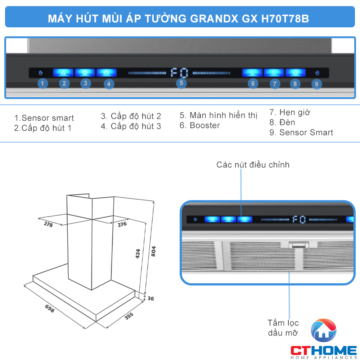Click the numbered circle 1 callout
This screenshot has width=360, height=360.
pyautogui.click(x=42, y=84)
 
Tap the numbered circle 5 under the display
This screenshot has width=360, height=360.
pyautogui.click(x=181, y=84)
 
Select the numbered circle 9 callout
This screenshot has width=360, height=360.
pyautogui.click(x=316, y=84)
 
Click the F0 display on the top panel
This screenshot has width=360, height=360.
pyautogui.click(x=179, y=73)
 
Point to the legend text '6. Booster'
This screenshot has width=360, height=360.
pyautogui.click(x=200, y=126)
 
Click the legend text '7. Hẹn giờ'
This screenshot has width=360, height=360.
pyautogui.click(x=290, y=112)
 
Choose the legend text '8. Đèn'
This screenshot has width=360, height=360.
pyautogui.click(x=282, y=122)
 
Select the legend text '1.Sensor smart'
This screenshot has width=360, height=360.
pyautogui.click(x=44, y=118)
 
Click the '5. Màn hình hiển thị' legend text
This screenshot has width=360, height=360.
pyautogui.click(x=219, y=116)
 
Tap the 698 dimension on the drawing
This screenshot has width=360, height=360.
pyautogui.click(x=50, y=308)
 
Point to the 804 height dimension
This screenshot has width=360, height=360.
pyautogui.click(x=154, y=251)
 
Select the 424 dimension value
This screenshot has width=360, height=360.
pyautogui.click(x=138, y=254)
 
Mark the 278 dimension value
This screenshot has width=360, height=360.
pyautogui.click(x=48, y=224)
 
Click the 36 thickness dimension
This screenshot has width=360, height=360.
pyautogui.click(x=150, y=298)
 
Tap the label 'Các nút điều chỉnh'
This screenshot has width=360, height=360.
pyautogui.click(x=253, y=165)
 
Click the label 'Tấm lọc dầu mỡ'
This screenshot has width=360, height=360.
pyautogui.click(x=283, y=328)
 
